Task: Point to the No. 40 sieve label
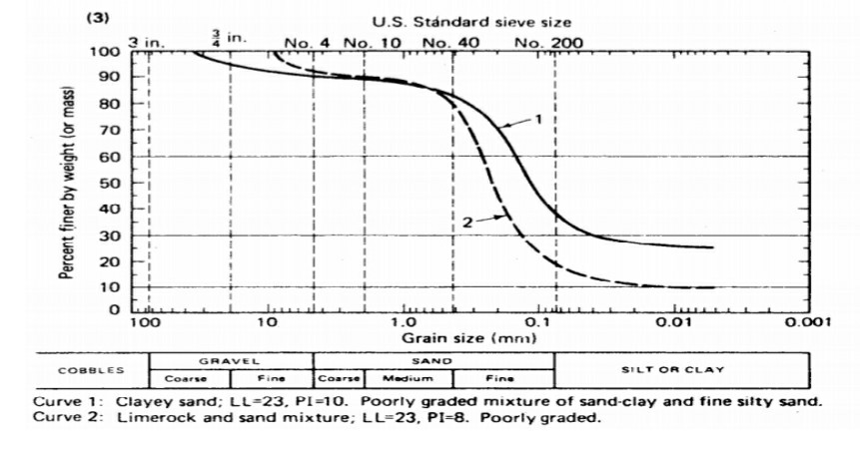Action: [x=452, y=43]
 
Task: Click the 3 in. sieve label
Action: [x=149, y=42]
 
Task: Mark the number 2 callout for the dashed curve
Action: [x=466, y=222]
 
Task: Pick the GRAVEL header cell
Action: [x=231, y=359]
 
